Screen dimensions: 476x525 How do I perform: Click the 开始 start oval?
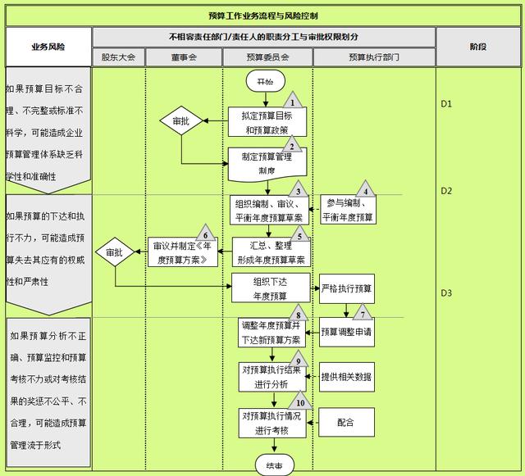[x=265, y=82]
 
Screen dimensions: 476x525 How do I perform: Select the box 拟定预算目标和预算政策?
[x=267, y=123]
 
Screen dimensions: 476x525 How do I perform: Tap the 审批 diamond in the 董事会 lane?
[x=180, y=122]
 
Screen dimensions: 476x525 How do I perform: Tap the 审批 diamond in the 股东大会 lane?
[x=114, y=253]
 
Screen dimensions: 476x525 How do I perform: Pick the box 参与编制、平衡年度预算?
[x=347, y=211]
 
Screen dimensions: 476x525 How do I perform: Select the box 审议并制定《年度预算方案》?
[x=185, y=252]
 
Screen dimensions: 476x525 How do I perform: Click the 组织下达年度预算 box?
[x=270, y=288]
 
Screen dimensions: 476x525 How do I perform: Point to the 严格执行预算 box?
[x=346, y=288]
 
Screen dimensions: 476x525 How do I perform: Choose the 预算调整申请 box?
[x=346, y=332]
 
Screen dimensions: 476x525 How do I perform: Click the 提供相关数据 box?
[x=346, y=377]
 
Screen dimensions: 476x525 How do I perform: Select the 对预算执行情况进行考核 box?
[x=271, y=422]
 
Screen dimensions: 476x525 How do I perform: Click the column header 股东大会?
[x=119, y=57]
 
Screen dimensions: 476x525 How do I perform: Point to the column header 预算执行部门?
[x=374, y=57]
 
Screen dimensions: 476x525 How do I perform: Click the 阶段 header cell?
[x=478, y=48]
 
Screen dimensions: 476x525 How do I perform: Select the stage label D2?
[x=447, y=191]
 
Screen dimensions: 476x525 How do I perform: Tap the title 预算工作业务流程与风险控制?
[x=263, y=16]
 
